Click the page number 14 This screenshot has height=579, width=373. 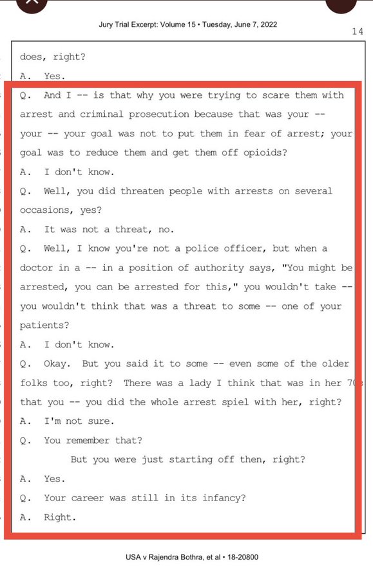(x=358, y=32)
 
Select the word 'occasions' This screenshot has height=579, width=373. (x=46, y=210)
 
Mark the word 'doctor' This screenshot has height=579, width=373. (x=38, y=268)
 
